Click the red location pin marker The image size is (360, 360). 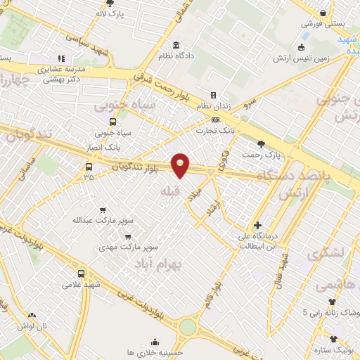[x=181, y=165]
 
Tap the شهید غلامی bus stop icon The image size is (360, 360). [x=81, y=274]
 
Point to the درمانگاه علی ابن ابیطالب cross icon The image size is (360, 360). [x=258, y=224]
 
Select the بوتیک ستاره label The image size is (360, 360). [x=334, y=348]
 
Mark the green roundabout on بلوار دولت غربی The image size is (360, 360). [x=188, y=327]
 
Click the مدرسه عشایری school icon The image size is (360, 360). [x=61, y=58]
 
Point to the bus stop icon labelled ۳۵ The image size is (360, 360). [x=89, y=167]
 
